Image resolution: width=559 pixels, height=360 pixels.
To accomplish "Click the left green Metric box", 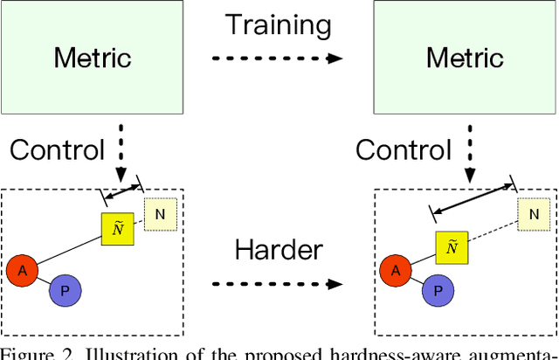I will pyautogui.click(x=93, y=58).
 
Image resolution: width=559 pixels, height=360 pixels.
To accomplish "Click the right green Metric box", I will pyautogui.click(x=464, y=58).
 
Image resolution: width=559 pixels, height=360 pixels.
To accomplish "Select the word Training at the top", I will pyautogui.click(x=279, y=24).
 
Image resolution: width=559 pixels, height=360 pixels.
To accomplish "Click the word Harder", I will pyautogui.click(x=279, y=251).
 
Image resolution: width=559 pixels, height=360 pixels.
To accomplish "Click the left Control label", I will pyautogui.click(x=57, y=149).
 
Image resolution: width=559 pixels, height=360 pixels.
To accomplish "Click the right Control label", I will pyautogui.click(x=403, y=149).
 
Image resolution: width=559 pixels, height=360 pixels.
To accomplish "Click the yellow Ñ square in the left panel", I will pyautogui.click(x=117, y=229).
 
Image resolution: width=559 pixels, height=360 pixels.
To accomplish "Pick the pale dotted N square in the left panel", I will pyautogui.click(x=160, y=213).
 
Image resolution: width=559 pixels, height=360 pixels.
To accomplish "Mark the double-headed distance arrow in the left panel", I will pyautogui.click(x=123, y=190).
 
